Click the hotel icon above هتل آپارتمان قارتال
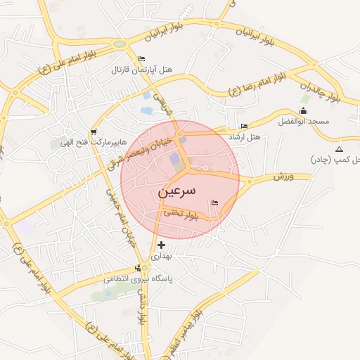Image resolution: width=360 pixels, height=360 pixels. click(x=142, y=59)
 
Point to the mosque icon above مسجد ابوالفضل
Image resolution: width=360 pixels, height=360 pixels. click(x=303, y=110)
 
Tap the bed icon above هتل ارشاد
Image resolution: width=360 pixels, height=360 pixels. click(x=244, y=126)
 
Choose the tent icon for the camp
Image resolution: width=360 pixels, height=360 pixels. click(x=340, y=149)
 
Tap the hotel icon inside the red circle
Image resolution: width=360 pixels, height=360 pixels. click(x=214, y=203)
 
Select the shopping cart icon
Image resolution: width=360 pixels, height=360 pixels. click(x=93, y=131)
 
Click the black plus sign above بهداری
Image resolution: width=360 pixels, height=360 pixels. click(x=162, y=245)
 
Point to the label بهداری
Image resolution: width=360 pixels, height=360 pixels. click(x=162, y=257)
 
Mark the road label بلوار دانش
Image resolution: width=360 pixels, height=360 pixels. click(x=143, y=309)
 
